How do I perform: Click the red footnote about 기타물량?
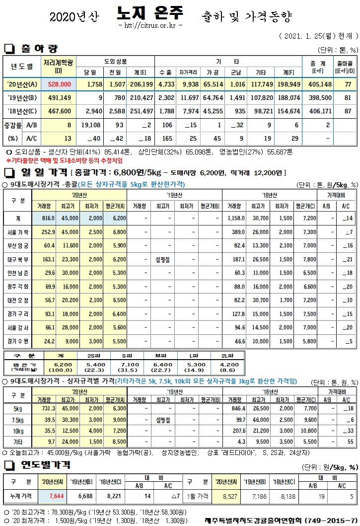click(x=65, y=160)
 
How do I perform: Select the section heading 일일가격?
click(x=44, y=173)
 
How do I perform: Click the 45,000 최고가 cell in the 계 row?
click(x=70, y=218)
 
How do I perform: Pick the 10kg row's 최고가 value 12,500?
click(x=70, y=430)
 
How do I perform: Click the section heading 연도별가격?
click(x=45, y=465)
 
